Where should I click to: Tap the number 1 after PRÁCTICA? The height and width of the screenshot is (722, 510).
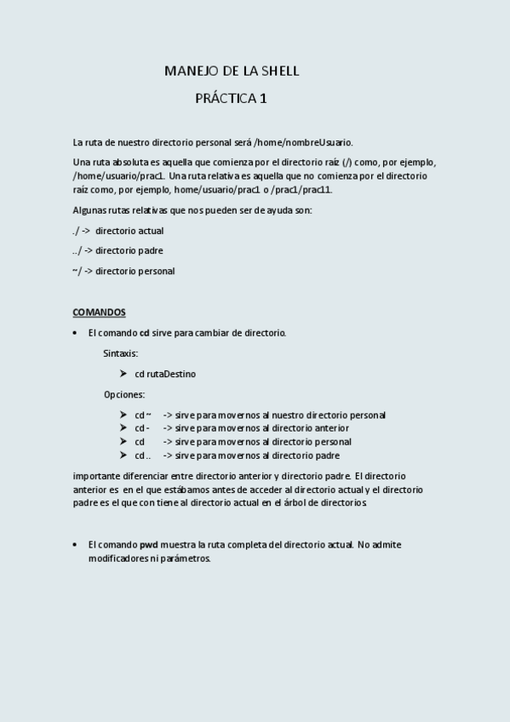coord(263,99)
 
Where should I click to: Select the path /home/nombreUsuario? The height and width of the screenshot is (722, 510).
coord(303,142)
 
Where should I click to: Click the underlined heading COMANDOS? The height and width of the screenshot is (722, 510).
coord(99,312)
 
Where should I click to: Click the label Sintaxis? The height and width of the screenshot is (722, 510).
coord(121,353)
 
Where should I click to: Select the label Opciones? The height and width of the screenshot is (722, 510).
coord(124,394)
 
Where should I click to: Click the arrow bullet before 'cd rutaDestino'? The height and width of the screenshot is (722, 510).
coord(124,374)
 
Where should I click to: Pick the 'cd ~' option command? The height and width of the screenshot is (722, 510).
coord(142,415)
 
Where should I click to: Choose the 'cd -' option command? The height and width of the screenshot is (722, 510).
coord(142,428)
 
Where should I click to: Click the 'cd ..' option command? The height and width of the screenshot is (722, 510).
coord(143,456)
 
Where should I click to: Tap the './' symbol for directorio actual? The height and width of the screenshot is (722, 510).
coord(76,231)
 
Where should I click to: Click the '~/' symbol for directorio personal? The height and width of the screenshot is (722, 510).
coord(77,272)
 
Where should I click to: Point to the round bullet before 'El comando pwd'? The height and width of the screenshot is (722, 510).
coord(76,544)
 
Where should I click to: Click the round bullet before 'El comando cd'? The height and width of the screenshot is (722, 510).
coord(76,333)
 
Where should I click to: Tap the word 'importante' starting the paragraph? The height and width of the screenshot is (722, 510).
coord(96,476)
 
